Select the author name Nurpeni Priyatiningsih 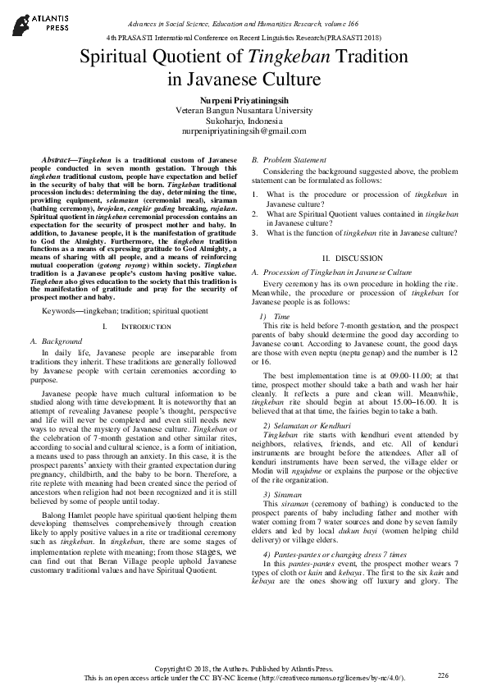tap(244, 98)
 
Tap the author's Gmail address tap(244, 130)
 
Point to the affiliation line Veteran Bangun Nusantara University tap(244, 109)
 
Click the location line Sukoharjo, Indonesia tap(244, 120)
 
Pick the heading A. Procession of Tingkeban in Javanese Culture tap(332, 271)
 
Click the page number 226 tap(443, 674)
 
